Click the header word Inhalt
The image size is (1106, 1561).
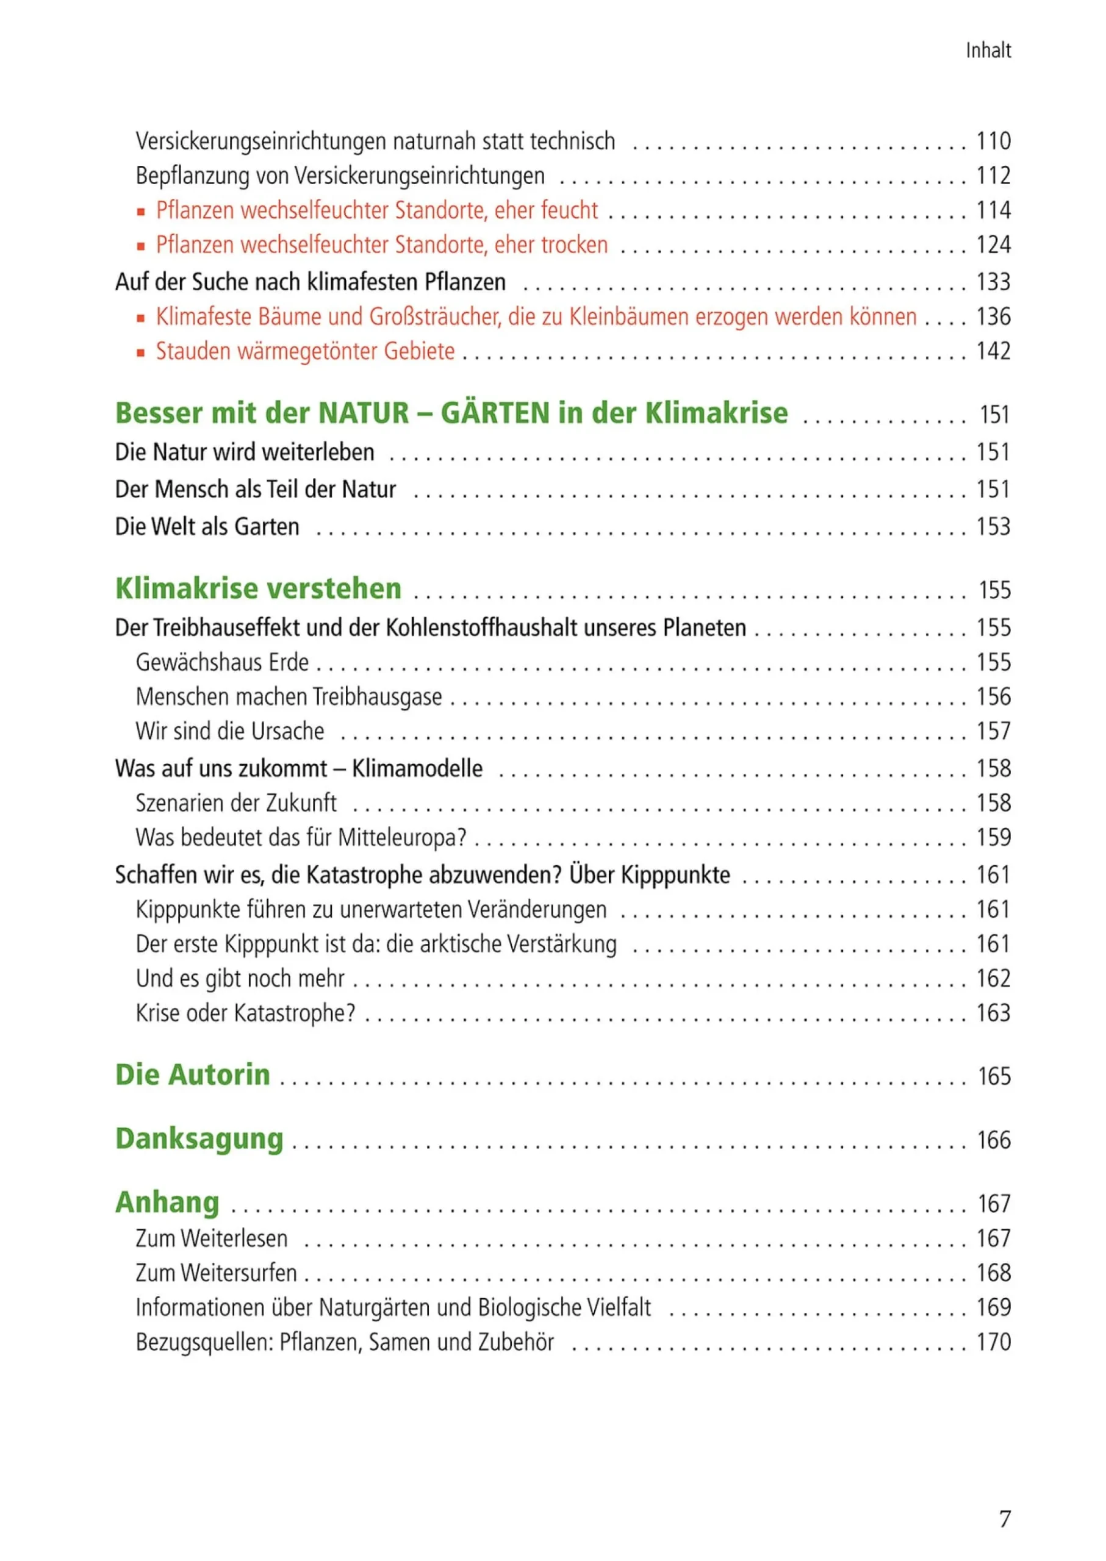coord(988,51)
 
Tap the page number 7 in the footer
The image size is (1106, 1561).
coord(1005,1518)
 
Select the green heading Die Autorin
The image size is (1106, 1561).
coord(193,1075)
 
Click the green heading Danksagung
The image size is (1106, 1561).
coord(199,1139)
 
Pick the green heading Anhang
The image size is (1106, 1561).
coord(167,1202)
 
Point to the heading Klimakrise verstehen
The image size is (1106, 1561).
coord(258,589)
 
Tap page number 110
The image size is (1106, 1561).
coord(993,141)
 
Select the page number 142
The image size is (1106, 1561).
coord(993,351)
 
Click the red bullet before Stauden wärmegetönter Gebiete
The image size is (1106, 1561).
coord(141,352)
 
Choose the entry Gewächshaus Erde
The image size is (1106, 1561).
coord(222,662)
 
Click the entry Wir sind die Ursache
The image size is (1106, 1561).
coord(229,731)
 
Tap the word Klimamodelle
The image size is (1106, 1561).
coord(417,768)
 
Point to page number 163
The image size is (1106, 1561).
coord(993,1013)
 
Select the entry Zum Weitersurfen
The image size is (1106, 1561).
coord(216,1273)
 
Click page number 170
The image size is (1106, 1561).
coord(993,1342)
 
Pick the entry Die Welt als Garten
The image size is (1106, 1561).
coord(207,527)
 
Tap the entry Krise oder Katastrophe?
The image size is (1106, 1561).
coord(245,1013)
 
